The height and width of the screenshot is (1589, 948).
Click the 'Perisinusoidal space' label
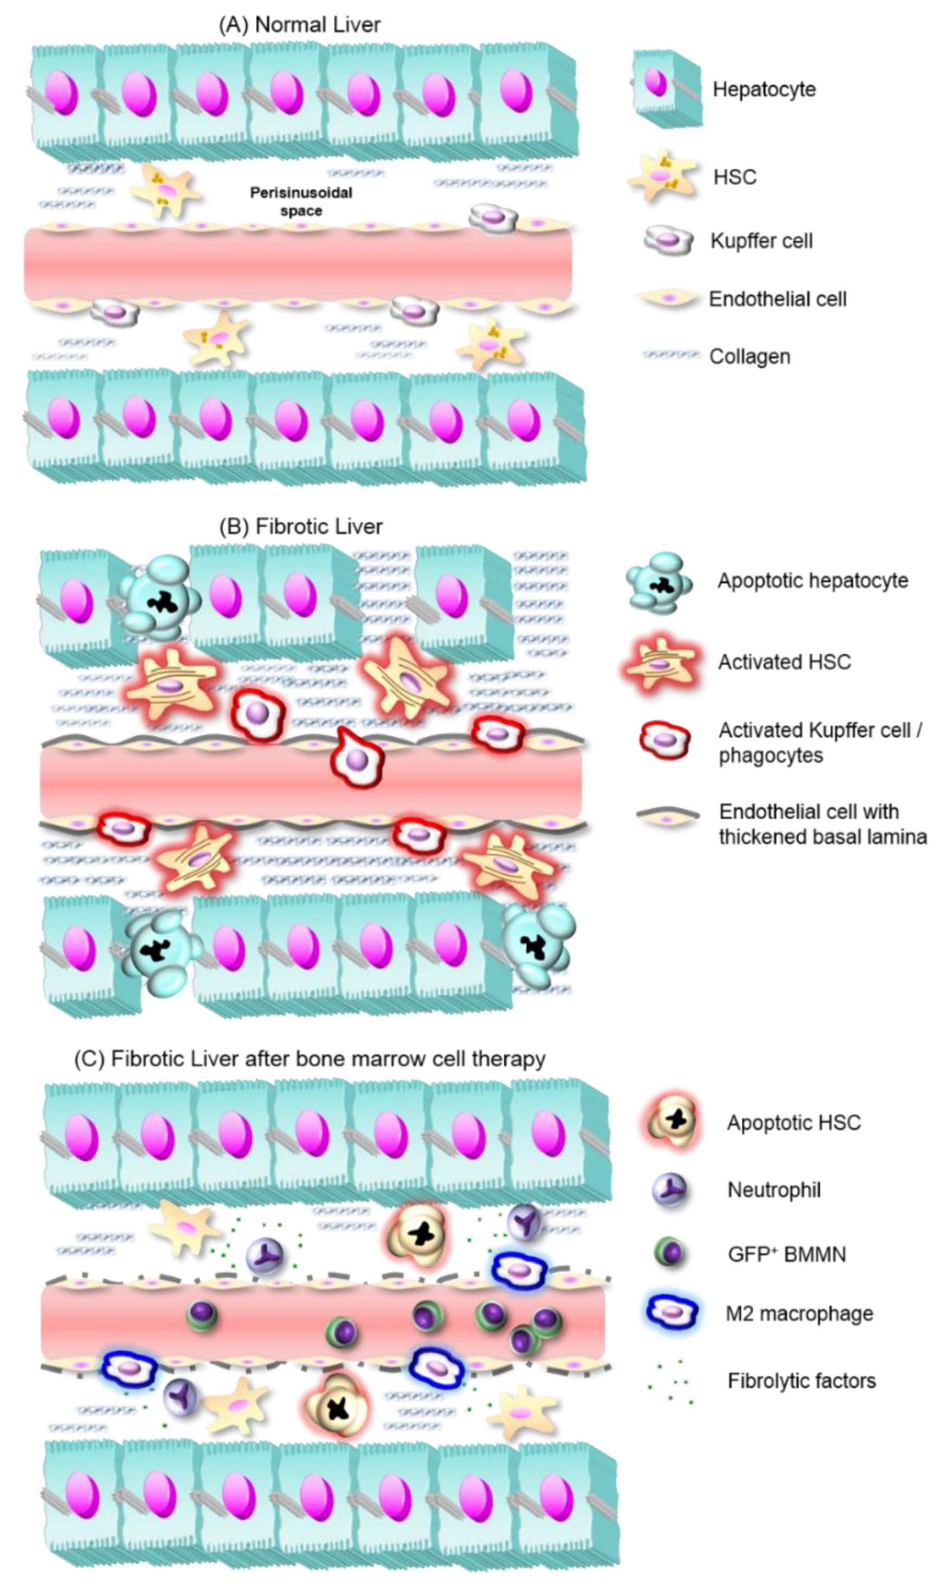[300, 201]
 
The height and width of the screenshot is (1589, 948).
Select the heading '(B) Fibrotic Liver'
[300, 526]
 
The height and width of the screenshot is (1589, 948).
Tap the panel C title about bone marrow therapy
[310, 1059]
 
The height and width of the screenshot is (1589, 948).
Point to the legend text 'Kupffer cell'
[762, 241]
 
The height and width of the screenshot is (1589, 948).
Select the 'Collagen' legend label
[749, 356]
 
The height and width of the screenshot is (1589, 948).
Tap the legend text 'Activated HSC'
[784, 661]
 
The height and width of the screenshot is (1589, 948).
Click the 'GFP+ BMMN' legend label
[786, 1254]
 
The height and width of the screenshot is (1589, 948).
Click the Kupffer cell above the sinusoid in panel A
[493, 218]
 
